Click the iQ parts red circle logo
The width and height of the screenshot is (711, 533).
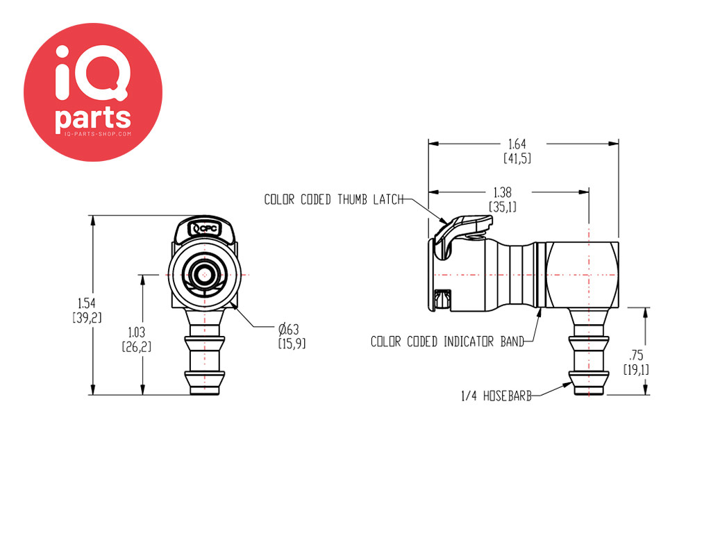click(x=93, y=92)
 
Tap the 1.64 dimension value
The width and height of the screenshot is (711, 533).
click(x=517, y=144)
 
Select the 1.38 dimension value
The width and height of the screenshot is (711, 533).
click(x=503, y=193)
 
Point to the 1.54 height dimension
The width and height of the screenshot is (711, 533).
click(x=87, y=303)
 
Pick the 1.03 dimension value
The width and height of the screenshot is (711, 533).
click(x=137, y=332)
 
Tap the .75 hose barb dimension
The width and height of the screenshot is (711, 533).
click(x=636, y=355)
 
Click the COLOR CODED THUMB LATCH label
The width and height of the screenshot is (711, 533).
click(x=334, y=199)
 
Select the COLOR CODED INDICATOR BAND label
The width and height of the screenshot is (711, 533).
click(x=447, y=341)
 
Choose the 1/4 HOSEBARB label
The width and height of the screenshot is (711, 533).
click(x=496, y=396)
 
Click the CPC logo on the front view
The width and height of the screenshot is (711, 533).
click(x=205, y=229)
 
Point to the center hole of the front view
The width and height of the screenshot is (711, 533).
click(x=205, y=275)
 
